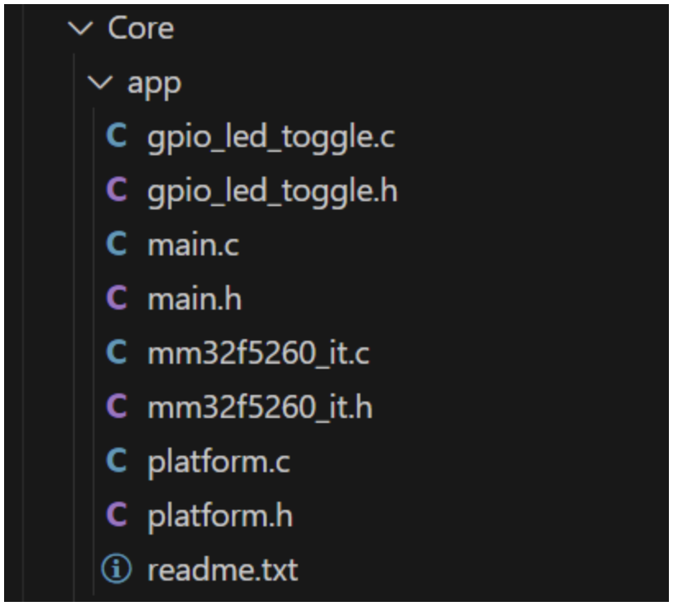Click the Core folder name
140,30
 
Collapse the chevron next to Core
82,30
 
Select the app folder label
154,84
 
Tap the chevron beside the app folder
102,84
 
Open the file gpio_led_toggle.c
271,137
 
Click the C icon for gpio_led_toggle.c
117,137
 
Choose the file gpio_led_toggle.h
272,191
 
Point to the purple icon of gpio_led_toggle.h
117,191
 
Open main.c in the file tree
193,246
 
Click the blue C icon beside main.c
117,246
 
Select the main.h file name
195,300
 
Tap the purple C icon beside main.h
117,300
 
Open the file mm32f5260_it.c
259,354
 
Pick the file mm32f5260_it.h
260,407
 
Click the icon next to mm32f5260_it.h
117,407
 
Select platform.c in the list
218,461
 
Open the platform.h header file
220,516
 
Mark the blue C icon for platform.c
117,461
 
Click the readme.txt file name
222,570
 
